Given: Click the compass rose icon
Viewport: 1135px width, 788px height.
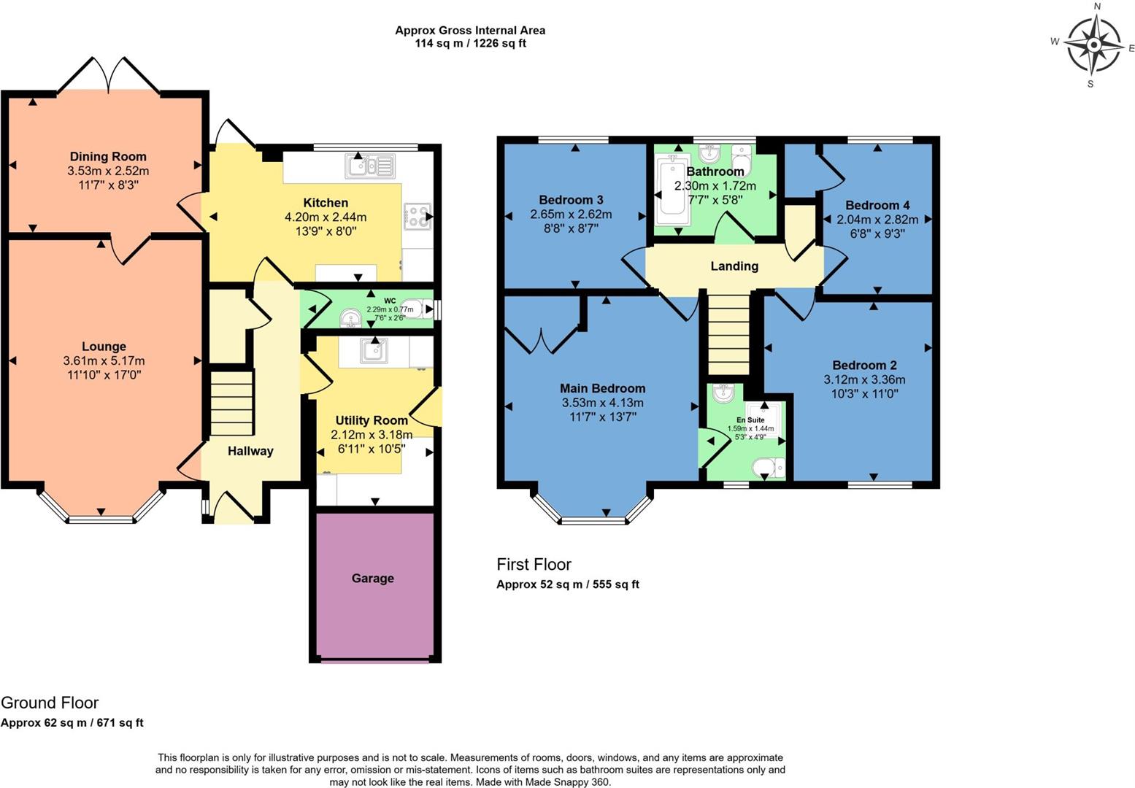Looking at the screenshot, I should (1093, 45).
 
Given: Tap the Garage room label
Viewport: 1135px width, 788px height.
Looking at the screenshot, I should (372, 578).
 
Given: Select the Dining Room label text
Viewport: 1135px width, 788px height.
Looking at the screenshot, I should (108, 156).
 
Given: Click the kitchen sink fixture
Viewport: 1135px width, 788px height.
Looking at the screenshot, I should (370, 166).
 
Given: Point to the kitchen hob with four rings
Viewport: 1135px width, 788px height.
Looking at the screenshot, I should (417, 217).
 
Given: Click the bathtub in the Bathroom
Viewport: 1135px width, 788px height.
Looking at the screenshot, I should (671, 192).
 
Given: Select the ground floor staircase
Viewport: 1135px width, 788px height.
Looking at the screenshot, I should (232, 403).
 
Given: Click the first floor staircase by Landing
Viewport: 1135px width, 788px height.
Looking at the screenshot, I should (729, 334).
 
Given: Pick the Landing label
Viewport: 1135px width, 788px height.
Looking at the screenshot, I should (734, 266).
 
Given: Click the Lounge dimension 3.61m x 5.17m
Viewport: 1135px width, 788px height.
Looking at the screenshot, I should (104, 360).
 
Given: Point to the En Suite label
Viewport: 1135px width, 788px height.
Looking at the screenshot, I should (750, 420).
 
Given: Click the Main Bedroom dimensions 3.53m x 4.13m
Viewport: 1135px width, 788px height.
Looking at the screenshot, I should (602, 403).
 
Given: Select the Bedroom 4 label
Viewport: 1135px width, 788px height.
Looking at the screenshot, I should (877, 205).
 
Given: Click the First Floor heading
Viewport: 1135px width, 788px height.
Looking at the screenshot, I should (534, 564).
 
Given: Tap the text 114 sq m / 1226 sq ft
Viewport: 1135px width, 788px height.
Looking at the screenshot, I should (470, 43).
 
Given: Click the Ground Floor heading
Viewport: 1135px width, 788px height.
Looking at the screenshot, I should (50, 703).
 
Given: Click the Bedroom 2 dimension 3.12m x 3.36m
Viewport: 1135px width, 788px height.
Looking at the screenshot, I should (864, 379).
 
